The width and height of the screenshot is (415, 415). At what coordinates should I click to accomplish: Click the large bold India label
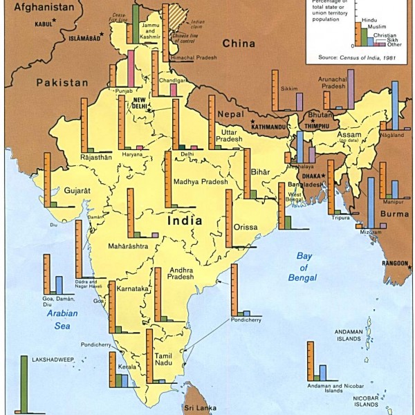[185, 221]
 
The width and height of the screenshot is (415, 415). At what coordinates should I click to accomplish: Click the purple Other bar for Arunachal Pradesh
[351, 90]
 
